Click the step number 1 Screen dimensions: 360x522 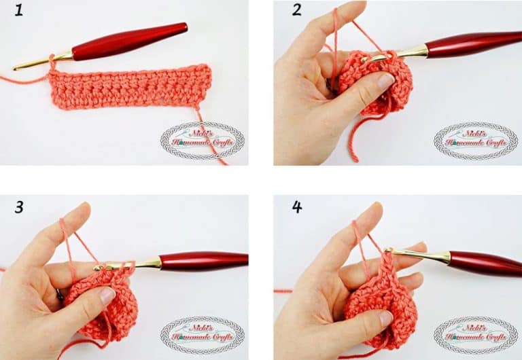(20, 12)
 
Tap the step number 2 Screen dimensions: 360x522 (296, 11)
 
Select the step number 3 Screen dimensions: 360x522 (20, 206)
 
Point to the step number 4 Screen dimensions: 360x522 (296, 206)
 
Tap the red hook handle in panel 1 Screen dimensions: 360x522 (129, 42)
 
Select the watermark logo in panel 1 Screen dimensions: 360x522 (202, 140)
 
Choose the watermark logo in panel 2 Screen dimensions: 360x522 (476, 140)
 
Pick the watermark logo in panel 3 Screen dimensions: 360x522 (202, 335)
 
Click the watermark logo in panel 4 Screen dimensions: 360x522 (476, 335)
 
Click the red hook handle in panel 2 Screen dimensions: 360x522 (476, 45)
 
